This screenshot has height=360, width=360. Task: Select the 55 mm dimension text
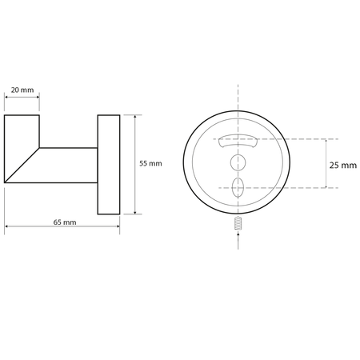(150, 163)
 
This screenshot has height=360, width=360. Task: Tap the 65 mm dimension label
(63, 222)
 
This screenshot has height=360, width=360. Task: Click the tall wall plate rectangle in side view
(109, 164)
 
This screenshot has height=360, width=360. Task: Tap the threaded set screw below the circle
(238, 226)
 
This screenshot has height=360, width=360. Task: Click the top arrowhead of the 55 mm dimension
(136, 117)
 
